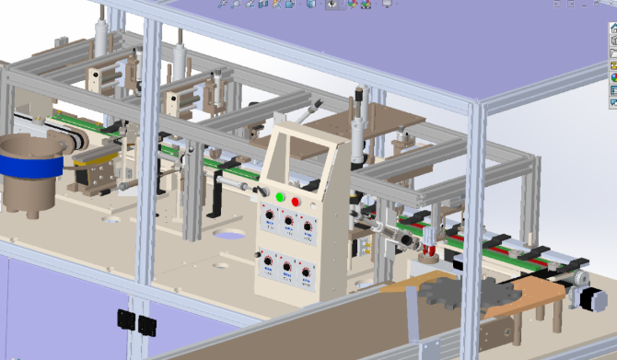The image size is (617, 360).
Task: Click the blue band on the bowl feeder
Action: [x=28, y=167]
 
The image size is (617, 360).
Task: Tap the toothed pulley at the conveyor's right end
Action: [x=579, y=277]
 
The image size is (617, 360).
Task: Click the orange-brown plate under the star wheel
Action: [x=516, y=299]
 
